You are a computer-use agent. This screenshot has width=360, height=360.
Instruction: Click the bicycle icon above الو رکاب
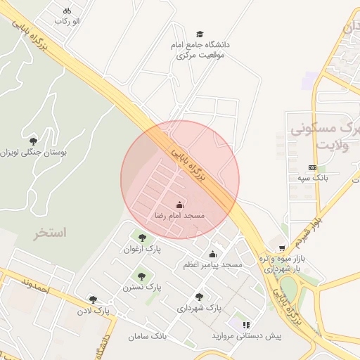click(67, 11)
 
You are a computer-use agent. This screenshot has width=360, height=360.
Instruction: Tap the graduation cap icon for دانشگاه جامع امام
click(200, 34)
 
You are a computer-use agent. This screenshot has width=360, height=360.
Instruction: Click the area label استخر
click(49, 233)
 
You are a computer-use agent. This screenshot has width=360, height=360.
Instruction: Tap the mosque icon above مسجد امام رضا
click(179, 205)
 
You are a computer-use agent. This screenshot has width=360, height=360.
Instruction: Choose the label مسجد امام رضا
click(179, 216)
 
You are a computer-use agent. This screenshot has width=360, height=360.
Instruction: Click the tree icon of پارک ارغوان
click(143, 238)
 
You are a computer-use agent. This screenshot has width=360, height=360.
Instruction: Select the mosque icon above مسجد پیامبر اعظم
click(212, 254)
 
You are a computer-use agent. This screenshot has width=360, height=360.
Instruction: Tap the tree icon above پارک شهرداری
click(200, 297)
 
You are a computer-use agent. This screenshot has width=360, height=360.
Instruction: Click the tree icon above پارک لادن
click(93, 300)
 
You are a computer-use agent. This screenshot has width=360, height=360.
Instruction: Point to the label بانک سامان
click(148, 337)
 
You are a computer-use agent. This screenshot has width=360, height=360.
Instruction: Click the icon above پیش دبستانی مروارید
click(246, 325)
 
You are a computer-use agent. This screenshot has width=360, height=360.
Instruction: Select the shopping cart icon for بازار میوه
click(282, 247)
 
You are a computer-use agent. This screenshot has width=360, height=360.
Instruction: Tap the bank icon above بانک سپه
click(312, 167)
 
